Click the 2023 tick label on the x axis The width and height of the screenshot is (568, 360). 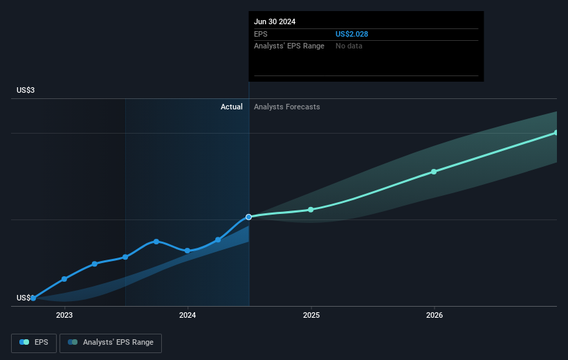pyautogui.click(x=64, y=315)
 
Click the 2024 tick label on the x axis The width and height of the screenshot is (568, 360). pyautogui.click(x=187, y=315)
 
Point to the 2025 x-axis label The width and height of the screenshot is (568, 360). pyautogui.click(x=311, y=315)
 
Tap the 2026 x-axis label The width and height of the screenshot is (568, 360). pyautogui.click(x=434, y=315)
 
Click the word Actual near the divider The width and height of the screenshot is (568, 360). pyautogui.click(x=232, y=107)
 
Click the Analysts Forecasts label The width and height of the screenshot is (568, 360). pyautogui.click(x=287, y=107)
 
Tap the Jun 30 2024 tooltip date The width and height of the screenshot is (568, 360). pyautogui.click(x=275, y=21)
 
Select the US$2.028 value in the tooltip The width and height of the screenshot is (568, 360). pyautogui.click(x=353, y=34)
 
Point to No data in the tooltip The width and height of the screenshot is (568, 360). pyautogui.click(x=349, y=46)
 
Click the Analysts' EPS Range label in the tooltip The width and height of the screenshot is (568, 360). pyautogui.click(x=290, y=46)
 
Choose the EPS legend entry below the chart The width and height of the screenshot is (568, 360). pyautogui.click(x=34, y=342)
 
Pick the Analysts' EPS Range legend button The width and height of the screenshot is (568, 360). pyautogui.click(x=111, y=342)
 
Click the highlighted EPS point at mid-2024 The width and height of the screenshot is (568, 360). pyautogui.click(x=249, y=217)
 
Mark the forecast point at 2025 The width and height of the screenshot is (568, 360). pyautogui.click(x=311, y=209)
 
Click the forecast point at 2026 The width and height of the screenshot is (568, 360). pyautogui.click(x=434, y=171)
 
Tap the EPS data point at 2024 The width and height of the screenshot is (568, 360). pyautogui.click(x=187, y=251)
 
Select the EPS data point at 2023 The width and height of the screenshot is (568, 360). pyautogui.click(x=64, y=278)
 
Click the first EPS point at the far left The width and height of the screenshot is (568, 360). pyautogui.click(x=33, y=298)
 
